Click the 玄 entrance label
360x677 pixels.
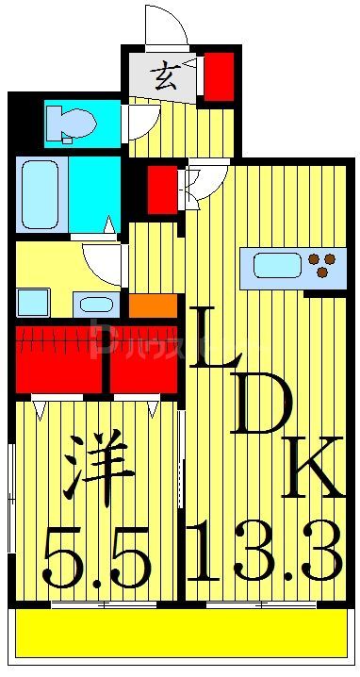point(165,74)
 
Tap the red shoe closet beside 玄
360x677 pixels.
point(220,75)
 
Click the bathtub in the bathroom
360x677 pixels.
point(41,195)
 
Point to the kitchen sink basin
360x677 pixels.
point(277,265)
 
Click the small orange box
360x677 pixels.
point(153,306)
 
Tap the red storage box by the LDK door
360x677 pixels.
point(162,187)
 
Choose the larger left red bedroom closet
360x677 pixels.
point(59,360)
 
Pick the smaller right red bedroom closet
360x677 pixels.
point(143,360)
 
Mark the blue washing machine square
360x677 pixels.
point(34,304)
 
